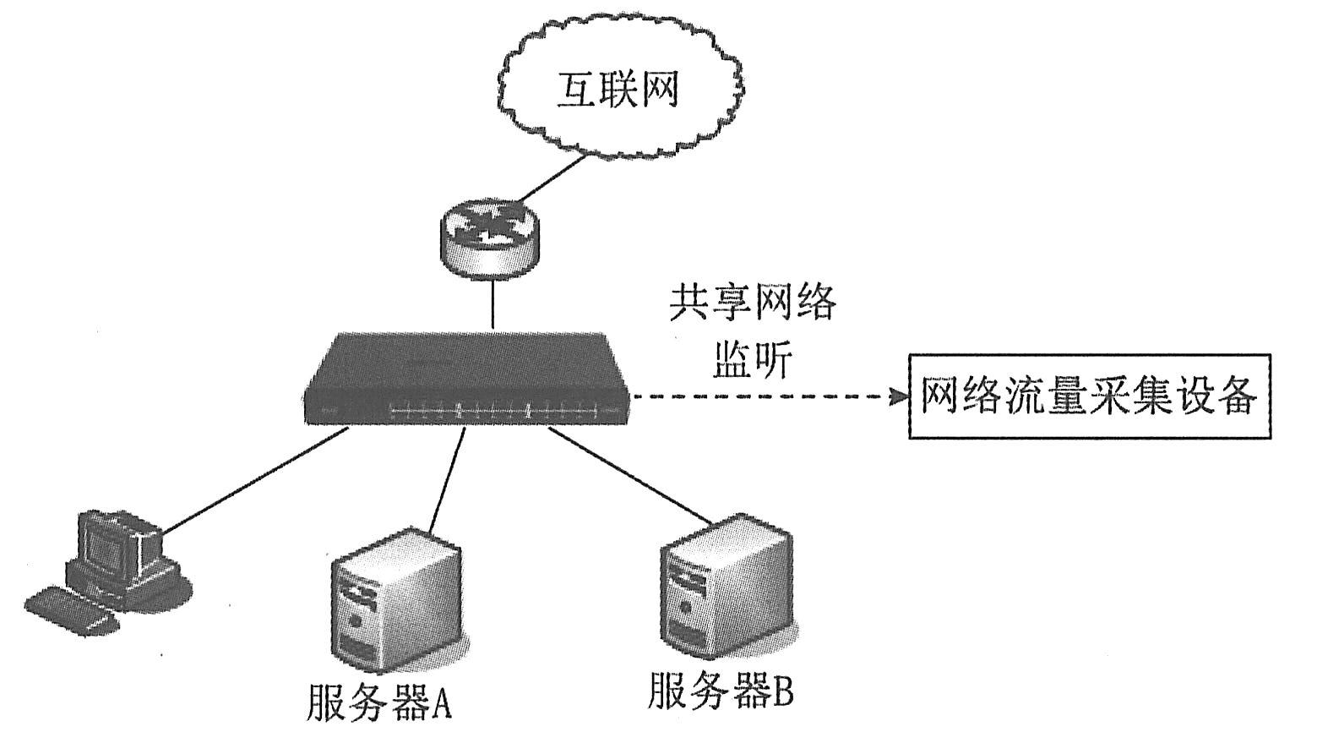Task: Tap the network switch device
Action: [469, 380]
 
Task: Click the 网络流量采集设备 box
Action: [1090, 396]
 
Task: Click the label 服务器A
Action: [379, 701]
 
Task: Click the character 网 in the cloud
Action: [659, 90]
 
